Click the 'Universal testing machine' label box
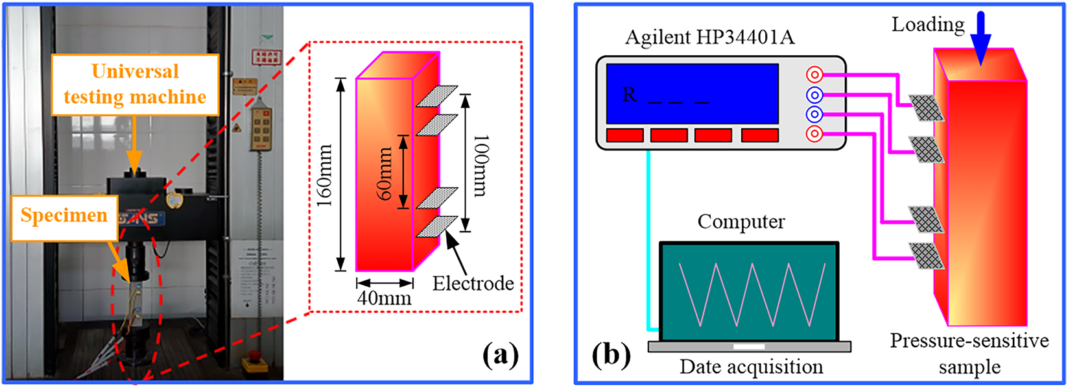coord(135,84)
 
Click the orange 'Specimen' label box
coord(63,216)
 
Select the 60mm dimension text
coord(385,174)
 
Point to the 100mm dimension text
coord(481,165)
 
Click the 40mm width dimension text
coord(385,298)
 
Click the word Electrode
coord(473,284)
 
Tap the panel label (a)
coord(500,355)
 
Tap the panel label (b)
coord(610,355)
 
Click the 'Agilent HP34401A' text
coord(709,38)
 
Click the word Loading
coord(928,25)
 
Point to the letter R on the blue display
coord(629,95)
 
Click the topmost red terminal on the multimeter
coord(814,74)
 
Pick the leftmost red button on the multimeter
coord(625,135)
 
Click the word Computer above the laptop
coord(741,222)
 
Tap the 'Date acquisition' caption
coord(751,367)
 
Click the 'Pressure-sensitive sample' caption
coord(969,354)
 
